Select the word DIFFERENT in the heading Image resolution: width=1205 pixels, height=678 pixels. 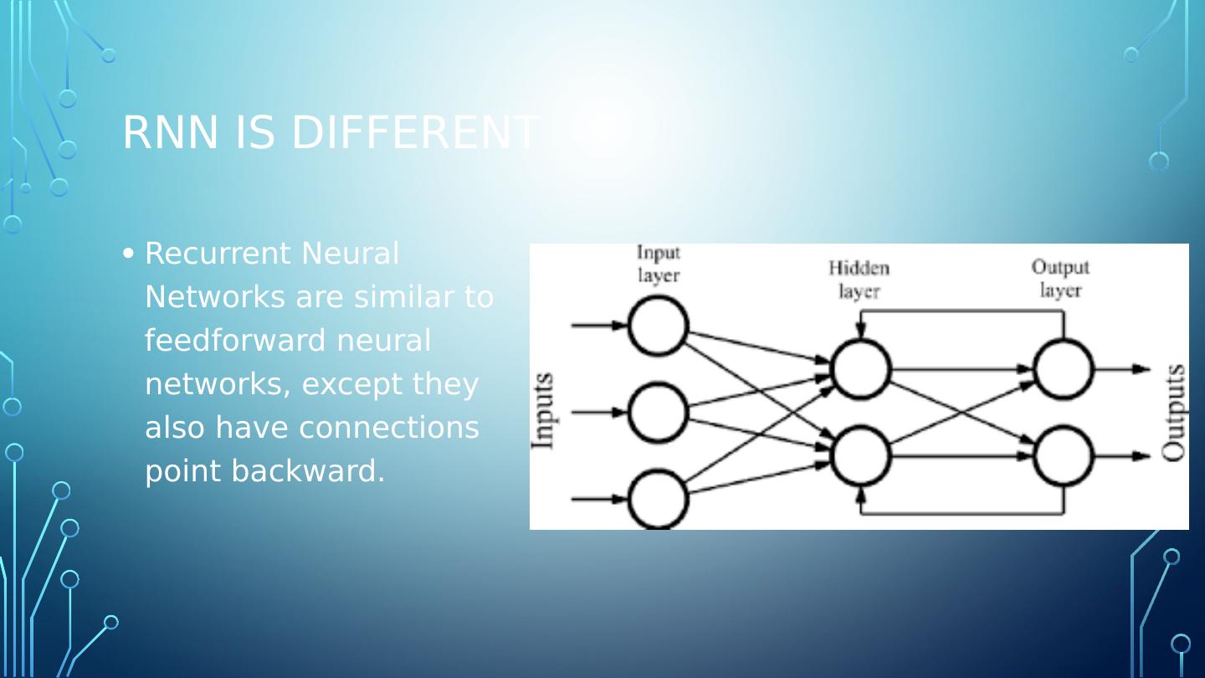click(414, 132)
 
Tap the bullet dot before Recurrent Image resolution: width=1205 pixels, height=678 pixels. click(128, 253)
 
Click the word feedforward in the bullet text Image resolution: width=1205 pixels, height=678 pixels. click(235, 341)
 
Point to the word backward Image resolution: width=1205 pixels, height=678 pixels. click(308, 471)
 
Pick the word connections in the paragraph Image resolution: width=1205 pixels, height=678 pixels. click(388, 428)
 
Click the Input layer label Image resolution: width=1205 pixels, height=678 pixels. click(659, 264)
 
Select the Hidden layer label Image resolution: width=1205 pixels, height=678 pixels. click(859, 279)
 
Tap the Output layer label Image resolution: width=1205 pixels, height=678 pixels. click(1060, 278)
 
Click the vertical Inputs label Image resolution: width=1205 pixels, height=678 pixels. click(543, 411)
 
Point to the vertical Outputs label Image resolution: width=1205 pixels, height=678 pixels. click(1174, 412)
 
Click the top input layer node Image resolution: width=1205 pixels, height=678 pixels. click(658, 326)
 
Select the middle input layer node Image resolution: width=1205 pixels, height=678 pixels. click(658, 412)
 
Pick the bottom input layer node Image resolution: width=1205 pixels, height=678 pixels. click(658, 499)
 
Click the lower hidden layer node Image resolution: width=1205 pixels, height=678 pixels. click(860, 456)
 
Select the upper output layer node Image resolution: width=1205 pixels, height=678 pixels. click(1064, 368)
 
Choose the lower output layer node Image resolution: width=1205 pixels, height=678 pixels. click(1064, 456)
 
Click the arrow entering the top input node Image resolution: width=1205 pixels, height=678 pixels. click(598, 326)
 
